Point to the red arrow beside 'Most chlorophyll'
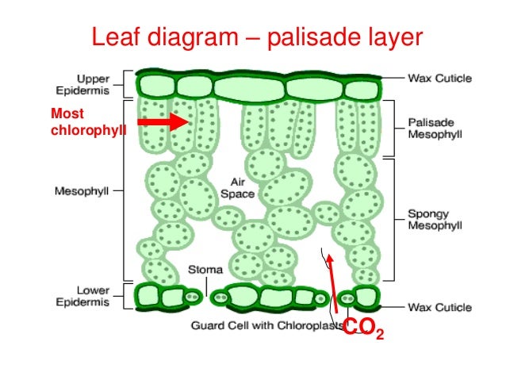163,121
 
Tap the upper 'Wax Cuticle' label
439,79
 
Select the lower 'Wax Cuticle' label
439,306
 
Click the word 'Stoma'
204,269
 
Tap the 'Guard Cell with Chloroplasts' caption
266,326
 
